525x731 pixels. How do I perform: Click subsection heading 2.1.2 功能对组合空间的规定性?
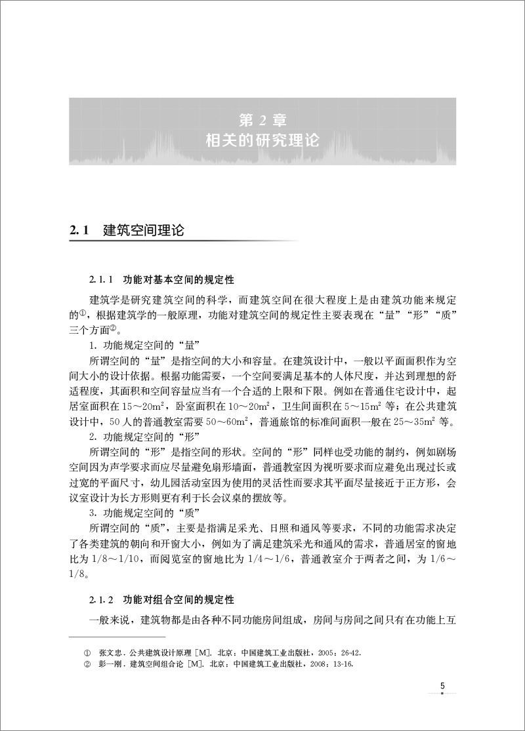[157, 599]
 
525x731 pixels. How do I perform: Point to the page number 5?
[442, 686]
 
